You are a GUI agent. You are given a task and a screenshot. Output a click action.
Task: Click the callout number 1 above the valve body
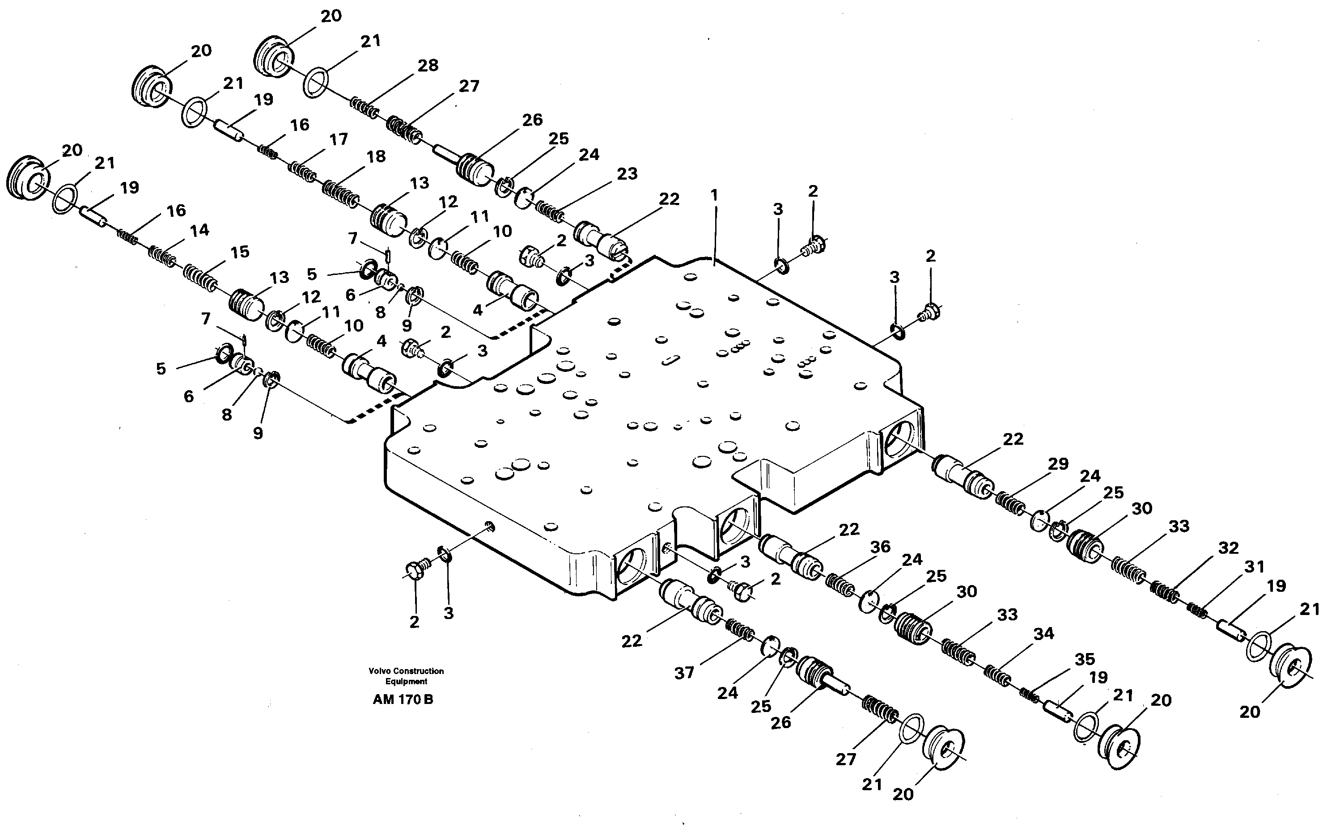click(x=713, y=195)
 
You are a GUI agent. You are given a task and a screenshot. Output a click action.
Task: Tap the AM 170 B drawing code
click(x=403, y=700)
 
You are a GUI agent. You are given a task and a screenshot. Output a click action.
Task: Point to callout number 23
click(x=627, y=174)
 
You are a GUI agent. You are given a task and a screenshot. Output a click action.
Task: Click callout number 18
click(x=376, y=157)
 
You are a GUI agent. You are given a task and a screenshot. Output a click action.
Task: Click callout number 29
click(x=1058, y=464)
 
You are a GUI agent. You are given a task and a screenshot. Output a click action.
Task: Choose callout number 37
click(x=684, y=673)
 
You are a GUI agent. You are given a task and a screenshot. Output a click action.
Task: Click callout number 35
click(x=1085, y=659)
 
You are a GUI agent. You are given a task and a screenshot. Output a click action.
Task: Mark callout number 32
click(x=1228, y=548)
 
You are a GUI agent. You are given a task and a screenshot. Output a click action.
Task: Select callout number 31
click(x=1254, y=566)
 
